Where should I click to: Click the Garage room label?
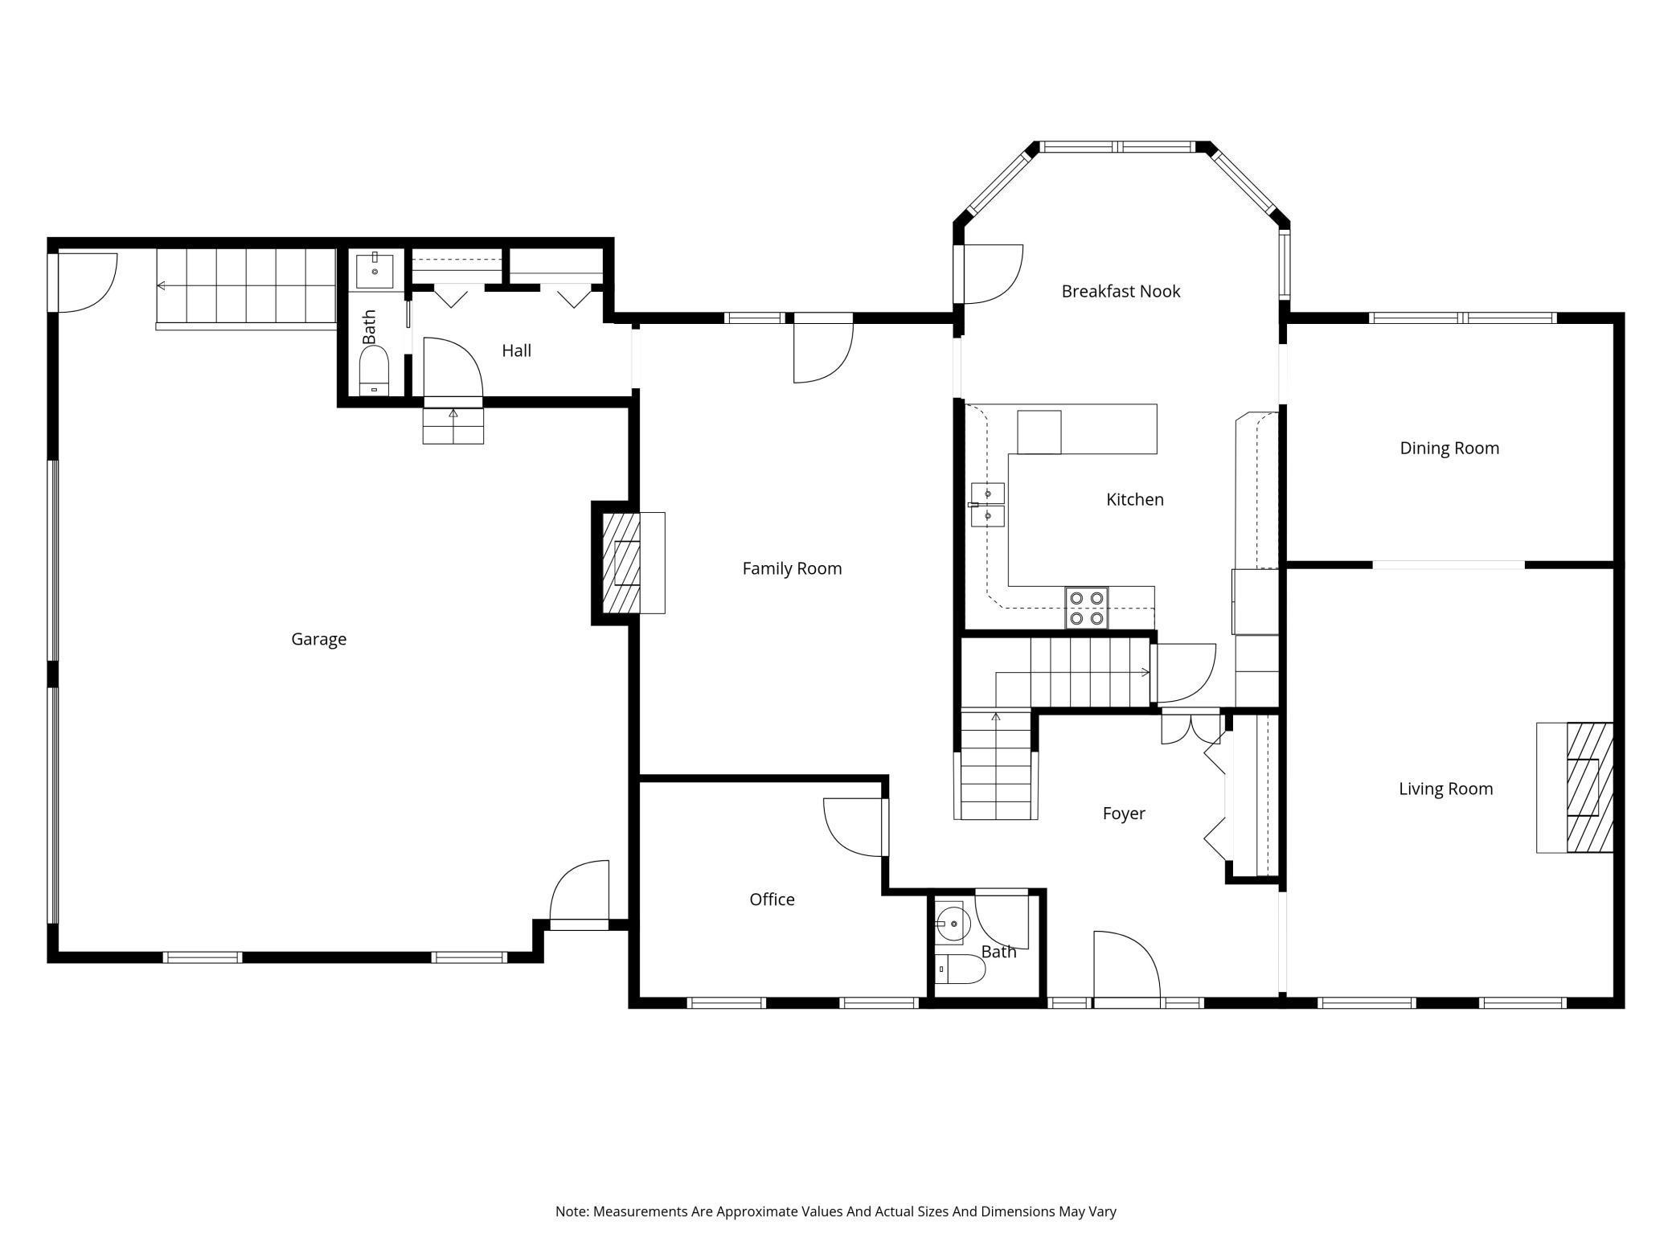[x=318, y=639]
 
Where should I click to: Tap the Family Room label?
[x=792, y=568]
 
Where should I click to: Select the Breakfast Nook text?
[x=1121, y=291]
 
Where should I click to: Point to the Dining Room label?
[x=1449, y=448]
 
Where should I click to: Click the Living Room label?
[x=1445, y=789]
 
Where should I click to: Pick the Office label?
[x=772, y=899]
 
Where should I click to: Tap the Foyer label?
[x=1124, y=813]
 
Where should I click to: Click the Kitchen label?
[x=1135, y=499]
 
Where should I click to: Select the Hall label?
[x=516, y=350]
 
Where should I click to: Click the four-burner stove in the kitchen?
[x=1087, y=608]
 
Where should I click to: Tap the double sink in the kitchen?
[x=988, y=504]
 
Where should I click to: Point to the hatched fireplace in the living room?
[x=1589, y=788]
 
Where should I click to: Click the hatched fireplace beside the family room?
[x=621, y=563]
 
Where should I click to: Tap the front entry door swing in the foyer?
[x=1126, y=965]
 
